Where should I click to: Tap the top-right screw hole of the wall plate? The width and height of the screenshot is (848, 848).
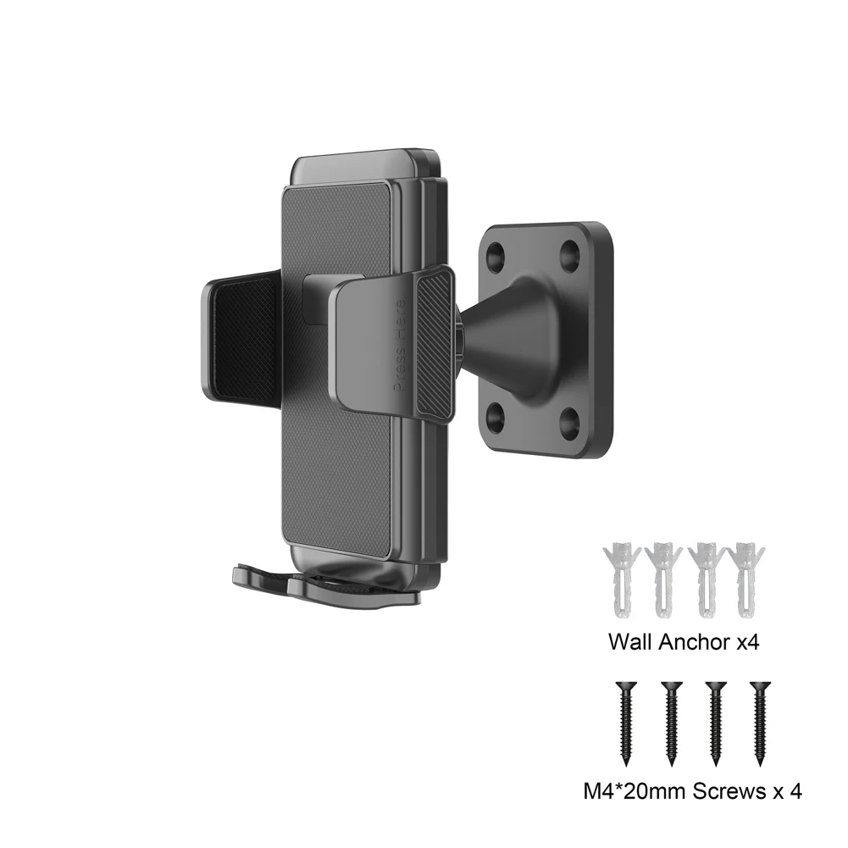[x=571, y=252]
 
